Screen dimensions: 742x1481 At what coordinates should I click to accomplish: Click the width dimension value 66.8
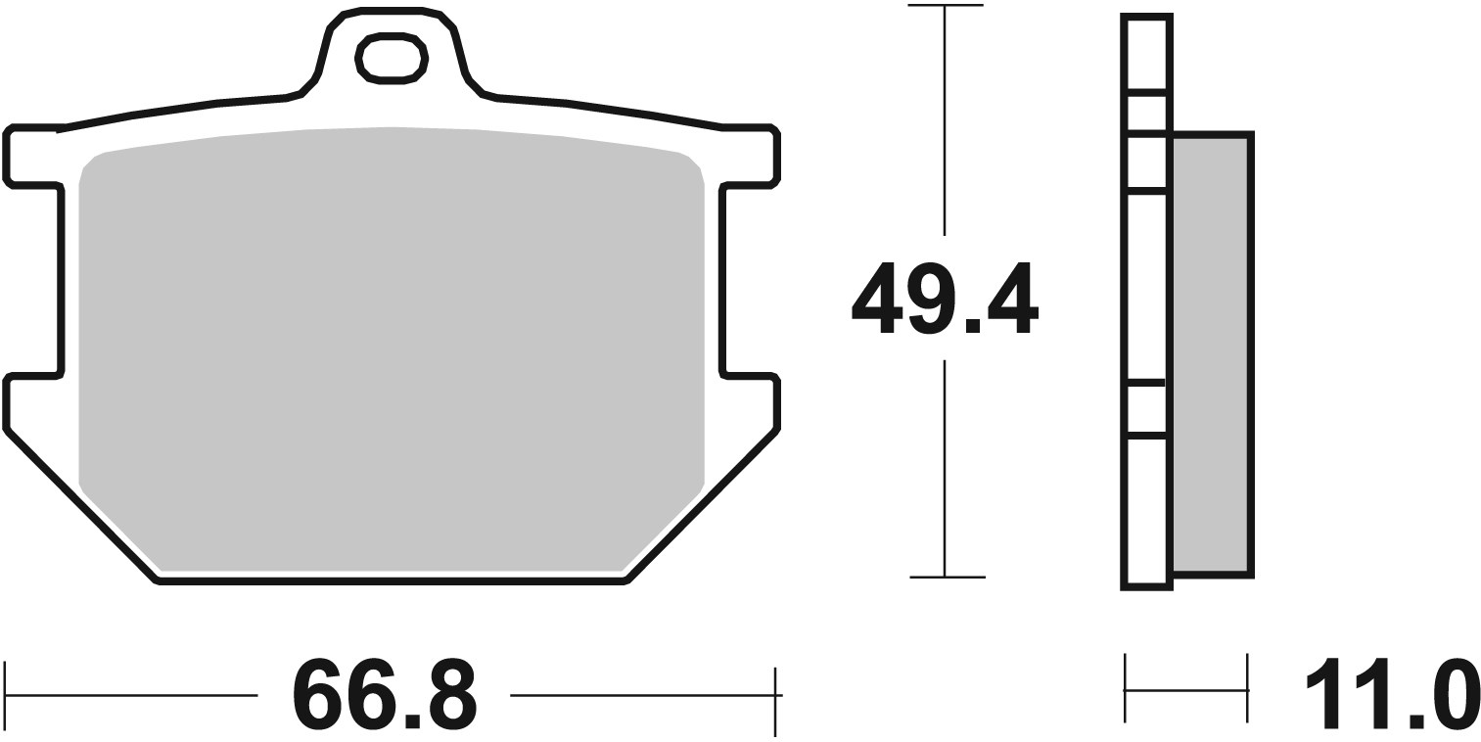(x=384, y=695)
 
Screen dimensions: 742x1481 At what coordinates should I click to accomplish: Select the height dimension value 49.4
(x=944, y=299)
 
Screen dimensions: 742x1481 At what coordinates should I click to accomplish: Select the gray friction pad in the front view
(x=392, y=343)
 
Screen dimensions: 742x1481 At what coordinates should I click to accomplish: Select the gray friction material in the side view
(x=1210, y=352)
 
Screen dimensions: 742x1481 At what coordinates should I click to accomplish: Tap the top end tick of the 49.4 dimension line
(x=945, y=6)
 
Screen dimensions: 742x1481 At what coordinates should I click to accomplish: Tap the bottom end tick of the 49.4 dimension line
(x=945, y=577)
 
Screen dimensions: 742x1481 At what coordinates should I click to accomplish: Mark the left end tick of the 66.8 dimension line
(x=6, y=695)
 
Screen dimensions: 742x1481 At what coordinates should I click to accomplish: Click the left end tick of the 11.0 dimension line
(x=1126, y=690)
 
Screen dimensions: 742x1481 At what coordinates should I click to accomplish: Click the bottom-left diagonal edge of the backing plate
(x=82, y=506)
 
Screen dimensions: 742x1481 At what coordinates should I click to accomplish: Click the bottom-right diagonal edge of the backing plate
(x=701, y=506)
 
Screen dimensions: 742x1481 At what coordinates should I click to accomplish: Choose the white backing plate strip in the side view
(x=1146, y=294)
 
